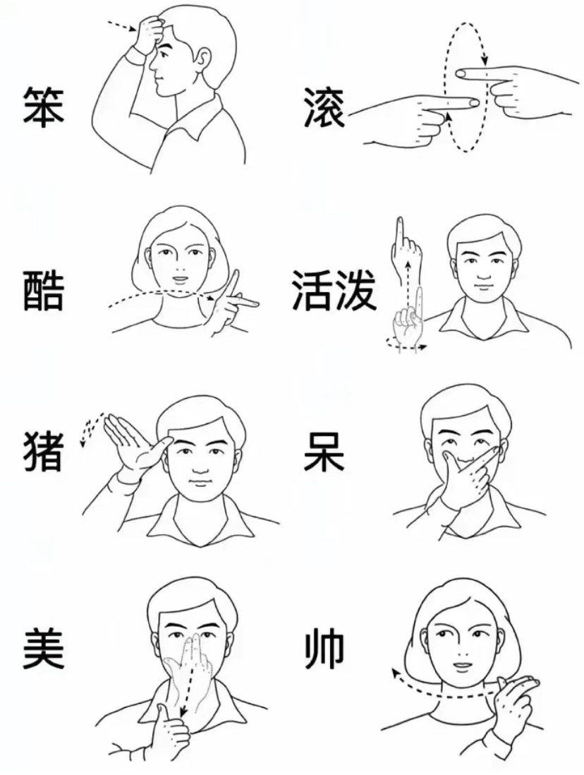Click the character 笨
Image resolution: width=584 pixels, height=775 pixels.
tap(43, 107)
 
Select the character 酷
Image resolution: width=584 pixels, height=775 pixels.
tap(43, 290)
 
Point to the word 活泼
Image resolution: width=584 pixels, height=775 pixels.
tap(334, 290)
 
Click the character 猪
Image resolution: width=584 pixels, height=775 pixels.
tap(43, 452)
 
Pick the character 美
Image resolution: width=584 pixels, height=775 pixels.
tap(43, 649)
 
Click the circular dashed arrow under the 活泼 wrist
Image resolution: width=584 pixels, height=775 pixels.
tap(406, 344)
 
